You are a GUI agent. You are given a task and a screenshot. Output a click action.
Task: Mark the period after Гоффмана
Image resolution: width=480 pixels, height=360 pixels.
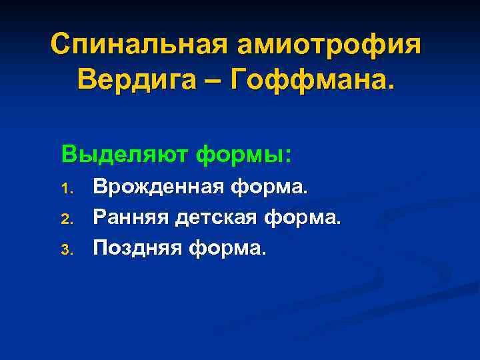click(x=391, y=88)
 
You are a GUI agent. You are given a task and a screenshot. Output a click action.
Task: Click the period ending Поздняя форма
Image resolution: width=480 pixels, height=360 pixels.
click(x=264, y=253)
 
